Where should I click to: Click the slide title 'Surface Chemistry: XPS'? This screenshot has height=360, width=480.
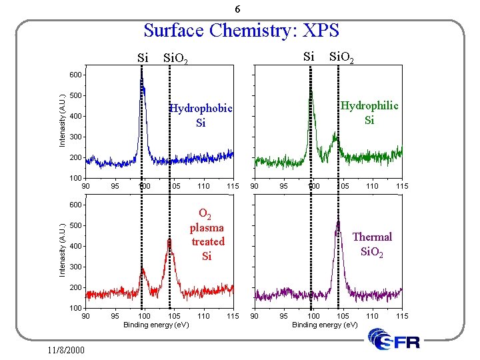[241, 31]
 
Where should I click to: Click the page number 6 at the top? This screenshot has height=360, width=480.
[238, 9]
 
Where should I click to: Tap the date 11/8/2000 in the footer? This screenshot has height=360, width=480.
[66, 349]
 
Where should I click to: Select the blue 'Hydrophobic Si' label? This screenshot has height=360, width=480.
[201, 115]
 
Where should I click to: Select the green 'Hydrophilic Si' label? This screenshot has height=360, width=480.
[369, 113]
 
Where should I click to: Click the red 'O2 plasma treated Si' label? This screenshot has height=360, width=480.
[207, 235]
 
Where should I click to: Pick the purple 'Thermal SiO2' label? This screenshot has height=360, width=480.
[372, 244]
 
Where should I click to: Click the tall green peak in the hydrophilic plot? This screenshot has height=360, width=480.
[311, 100]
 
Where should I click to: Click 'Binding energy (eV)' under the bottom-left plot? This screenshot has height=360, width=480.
[156, 325]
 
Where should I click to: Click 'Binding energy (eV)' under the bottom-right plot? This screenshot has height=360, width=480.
[325, 325]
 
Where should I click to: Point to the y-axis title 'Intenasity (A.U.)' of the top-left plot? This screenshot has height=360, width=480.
[61, 120]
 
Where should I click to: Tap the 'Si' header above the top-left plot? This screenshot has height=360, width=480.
[143, 58]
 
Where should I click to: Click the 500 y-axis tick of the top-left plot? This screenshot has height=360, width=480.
[75, 95]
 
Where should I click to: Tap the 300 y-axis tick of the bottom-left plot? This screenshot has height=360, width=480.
[75, 267]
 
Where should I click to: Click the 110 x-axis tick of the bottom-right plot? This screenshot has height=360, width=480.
[372, 315]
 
